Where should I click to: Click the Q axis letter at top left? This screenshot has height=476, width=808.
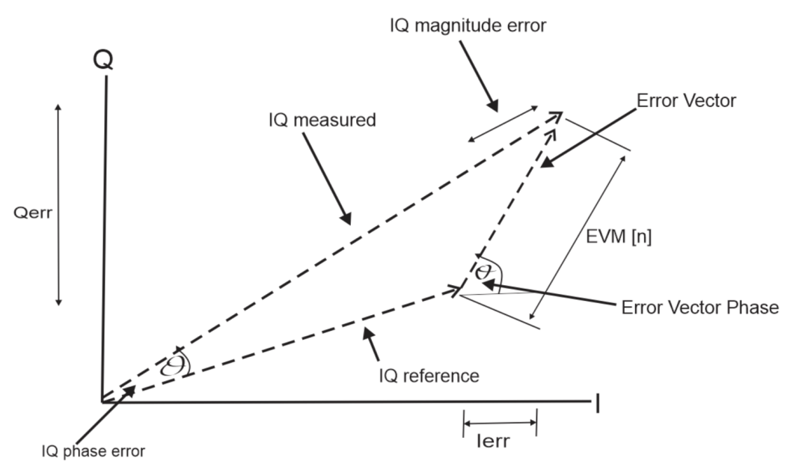click(104, 61)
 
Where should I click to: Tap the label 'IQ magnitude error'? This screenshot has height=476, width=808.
click(468, 25)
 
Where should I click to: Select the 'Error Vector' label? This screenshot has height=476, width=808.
click(686, 100)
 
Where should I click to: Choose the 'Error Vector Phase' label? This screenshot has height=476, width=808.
click(700, 308)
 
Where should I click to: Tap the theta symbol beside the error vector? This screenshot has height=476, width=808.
click(486, 268)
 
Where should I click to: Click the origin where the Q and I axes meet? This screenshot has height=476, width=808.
click(102, 402)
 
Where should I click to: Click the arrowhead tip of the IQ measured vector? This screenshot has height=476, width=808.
click(562, 112)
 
